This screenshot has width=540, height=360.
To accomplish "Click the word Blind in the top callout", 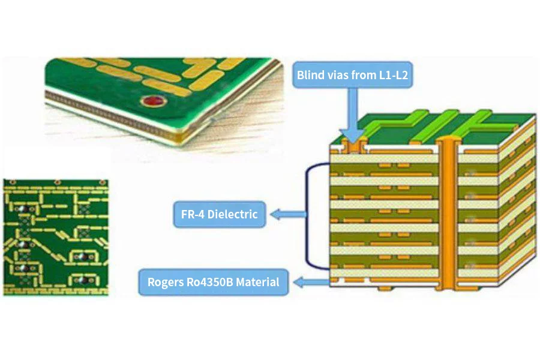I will coord(311,75).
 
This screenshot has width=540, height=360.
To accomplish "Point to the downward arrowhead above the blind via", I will coord(352,133).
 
